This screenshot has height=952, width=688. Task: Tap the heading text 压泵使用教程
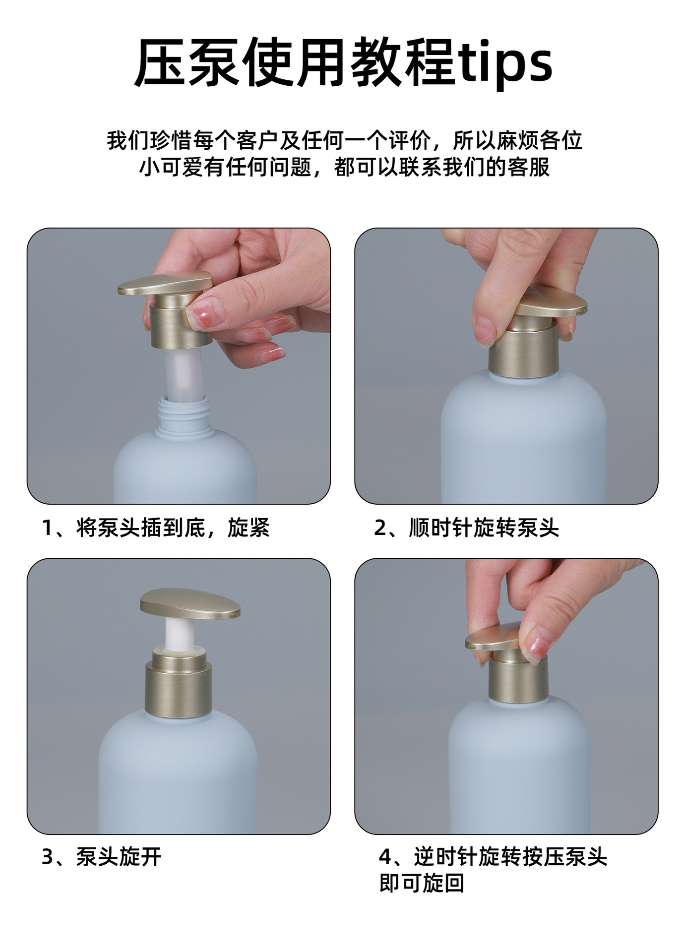(295, 62)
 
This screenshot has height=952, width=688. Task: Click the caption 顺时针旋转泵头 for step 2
(484, 528)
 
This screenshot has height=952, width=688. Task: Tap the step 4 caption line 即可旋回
(422, 883)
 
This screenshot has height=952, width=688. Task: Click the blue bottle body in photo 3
(178, 773)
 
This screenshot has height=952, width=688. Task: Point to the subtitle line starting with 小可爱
(344, 167)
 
